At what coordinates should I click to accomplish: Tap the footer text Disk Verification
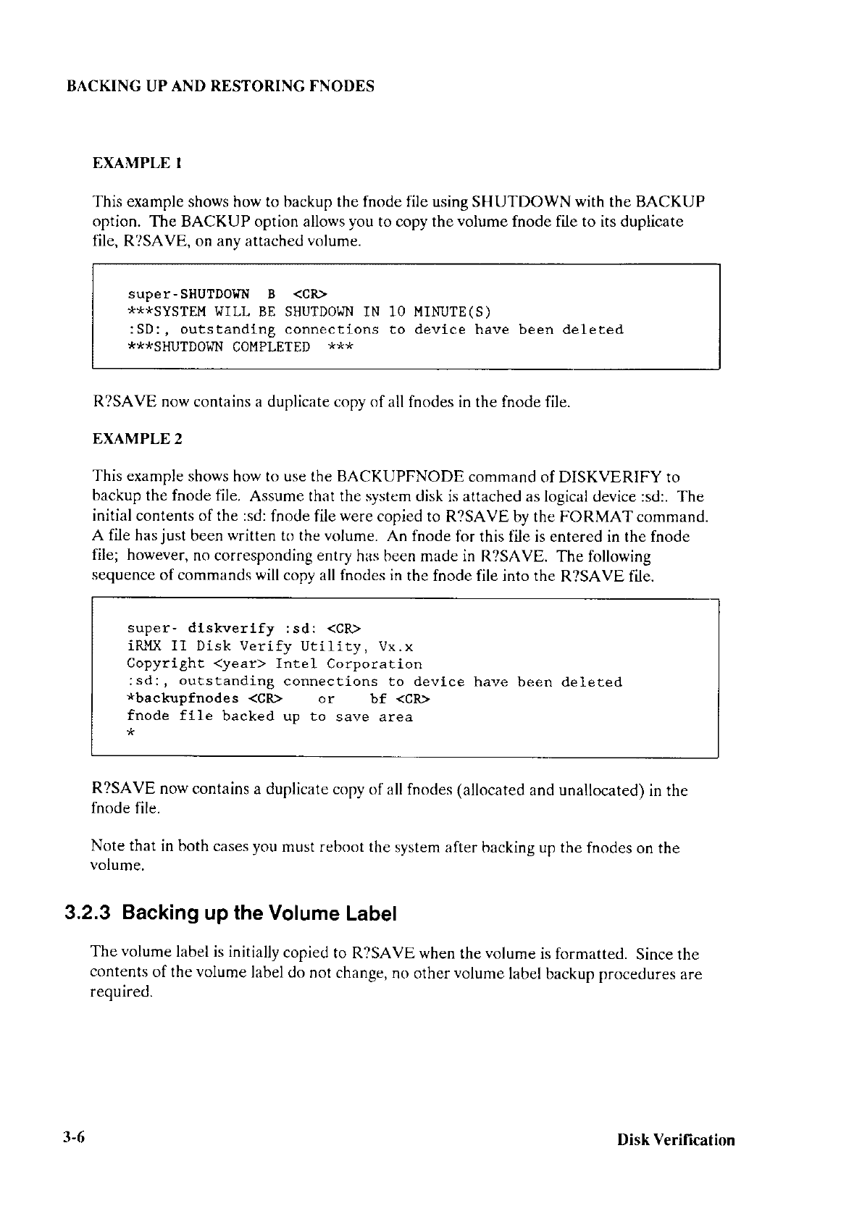pyautogui.click(x=675, y=1140)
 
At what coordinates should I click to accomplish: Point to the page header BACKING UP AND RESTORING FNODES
pyautogui.click(x=220, y=87)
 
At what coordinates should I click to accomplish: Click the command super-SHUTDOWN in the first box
pyautogui.click(x=188, y=294)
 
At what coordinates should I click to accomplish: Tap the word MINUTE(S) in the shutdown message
pyautogui.click(x=452, y=312)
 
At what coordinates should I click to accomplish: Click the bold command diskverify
pyautogui.click(x=231, y=629)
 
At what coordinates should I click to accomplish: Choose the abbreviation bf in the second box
pyautogui.click(x=378, y=699)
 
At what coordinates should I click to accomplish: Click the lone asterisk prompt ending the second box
pyautogui.click(x=130, y=734)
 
